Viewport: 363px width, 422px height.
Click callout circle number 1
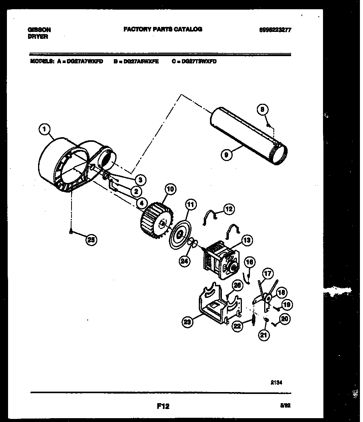tap(45, 130)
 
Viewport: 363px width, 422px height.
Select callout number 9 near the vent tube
tap(226, 155)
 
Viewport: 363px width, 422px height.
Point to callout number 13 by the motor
tap(247, 240)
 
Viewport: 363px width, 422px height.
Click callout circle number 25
tap(91, 240)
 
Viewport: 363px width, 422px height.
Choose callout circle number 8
tap(262, 110)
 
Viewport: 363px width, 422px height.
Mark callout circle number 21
tap(264, 335)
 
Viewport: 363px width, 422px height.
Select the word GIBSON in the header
tap(40, 30)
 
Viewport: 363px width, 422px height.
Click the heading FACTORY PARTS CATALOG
tap(163, 29)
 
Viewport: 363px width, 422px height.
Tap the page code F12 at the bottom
tap(163, 405)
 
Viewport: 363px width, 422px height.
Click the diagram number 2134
tap(276, 382)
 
